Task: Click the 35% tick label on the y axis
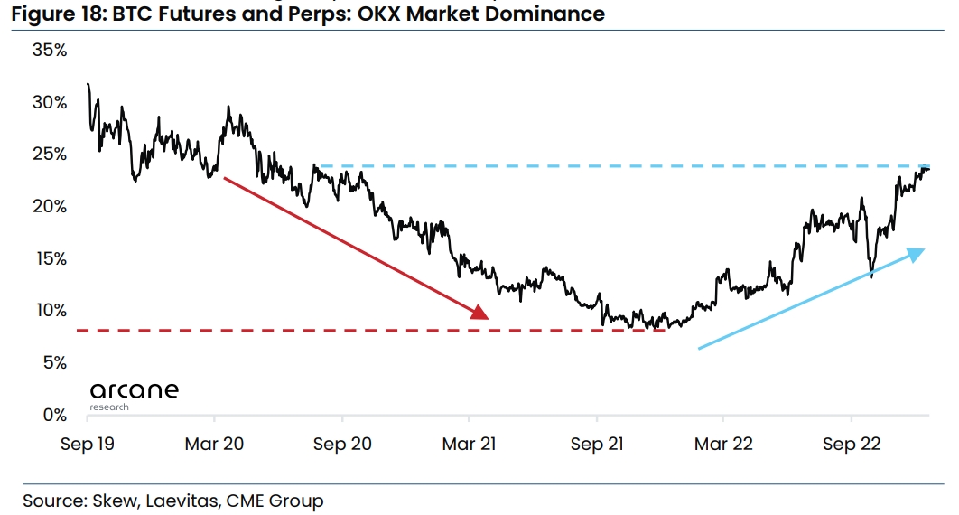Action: tap(50, 51)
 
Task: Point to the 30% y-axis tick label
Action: tap(50, 103)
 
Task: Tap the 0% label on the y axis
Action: tap(54, 416)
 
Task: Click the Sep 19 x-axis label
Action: tap(86, 445)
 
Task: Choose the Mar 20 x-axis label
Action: tap(214, 445)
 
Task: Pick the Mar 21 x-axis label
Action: tap(469, 445)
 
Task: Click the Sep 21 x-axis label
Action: tap(596, 445)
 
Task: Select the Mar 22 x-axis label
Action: tap(722, 445)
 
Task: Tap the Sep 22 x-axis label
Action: tap(851, 445)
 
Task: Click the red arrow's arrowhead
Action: tap(479, 313)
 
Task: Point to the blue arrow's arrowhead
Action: tap(917, 253)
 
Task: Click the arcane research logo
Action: tap(134, 395)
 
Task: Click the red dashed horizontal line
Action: tap(271, 331)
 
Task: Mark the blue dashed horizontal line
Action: tap(587, 166)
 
